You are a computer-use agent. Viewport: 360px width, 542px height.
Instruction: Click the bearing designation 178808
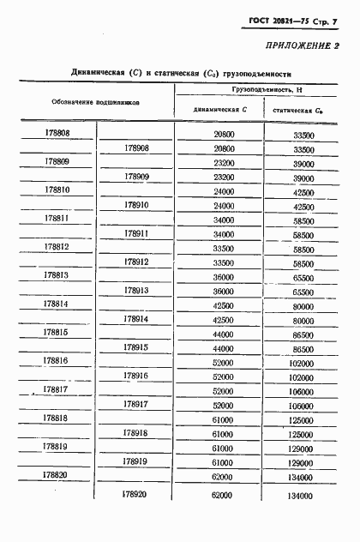pos(57,135)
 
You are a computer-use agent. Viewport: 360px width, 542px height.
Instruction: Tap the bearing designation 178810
pos(57,190)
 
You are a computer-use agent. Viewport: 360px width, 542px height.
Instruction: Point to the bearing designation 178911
pos(136,233)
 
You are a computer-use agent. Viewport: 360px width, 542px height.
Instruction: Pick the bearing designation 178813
pos(57,275)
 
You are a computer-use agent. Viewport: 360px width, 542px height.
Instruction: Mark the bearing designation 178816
pos(57,361)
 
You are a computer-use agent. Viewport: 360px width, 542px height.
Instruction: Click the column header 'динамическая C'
pos(220,110)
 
